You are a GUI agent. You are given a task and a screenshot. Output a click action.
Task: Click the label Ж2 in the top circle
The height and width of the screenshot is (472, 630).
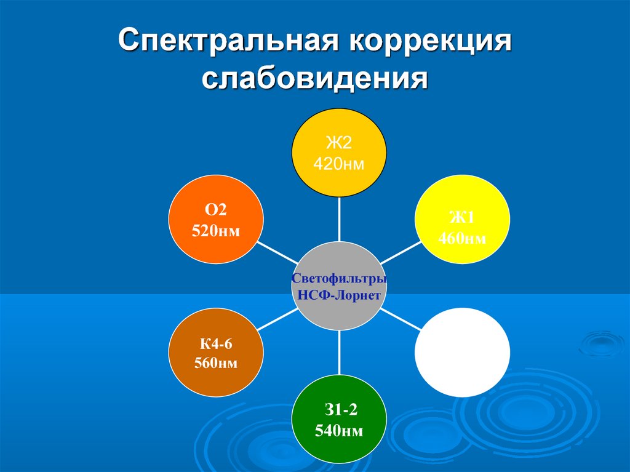click(x=339, y=143)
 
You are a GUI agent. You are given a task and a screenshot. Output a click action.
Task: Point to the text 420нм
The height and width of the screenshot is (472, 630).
click(x=339, y=164)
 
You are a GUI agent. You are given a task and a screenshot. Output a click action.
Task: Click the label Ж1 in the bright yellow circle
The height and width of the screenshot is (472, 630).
click(x=462, y=217)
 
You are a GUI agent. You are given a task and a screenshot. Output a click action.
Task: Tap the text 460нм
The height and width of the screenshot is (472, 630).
click(x=462, y=238)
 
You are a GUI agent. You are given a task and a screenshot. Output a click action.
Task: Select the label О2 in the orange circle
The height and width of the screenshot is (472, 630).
click(x=216, y=209)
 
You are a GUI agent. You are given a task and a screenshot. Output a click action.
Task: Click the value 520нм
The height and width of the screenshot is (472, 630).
click(x=216, y=231)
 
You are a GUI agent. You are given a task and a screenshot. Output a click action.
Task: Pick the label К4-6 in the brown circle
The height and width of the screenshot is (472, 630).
click(x=216, y=344)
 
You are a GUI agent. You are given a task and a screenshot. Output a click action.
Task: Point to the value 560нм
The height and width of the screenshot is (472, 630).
click(x=216, y=363)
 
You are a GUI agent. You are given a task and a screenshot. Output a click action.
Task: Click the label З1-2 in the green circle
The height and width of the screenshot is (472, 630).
click(x=341, y=410)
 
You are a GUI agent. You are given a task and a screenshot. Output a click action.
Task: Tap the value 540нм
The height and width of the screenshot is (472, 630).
click(x=339, y=431)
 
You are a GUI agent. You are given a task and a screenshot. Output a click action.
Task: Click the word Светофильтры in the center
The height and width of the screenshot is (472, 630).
click(x=339, y=278)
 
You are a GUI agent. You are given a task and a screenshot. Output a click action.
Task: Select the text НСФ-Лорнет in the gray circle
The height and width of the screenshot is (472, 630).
click(x=339, y=295)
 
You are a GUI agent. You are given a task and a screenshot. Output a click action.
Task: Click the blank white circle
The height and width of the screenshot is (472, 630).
click(x=462, y=352)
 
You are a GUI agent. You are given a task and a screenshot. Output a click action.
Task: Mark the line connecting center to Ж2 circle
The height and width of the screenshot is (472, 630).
click(x=340, y=219)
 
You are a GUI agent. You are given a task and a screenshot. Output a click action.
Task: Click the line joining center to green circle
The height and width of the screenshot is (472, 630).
click(x=340, y=353)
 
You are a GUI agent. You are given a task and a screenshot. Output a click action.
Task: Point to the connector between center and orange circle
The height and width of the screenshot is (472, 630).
click(x=277, y=253)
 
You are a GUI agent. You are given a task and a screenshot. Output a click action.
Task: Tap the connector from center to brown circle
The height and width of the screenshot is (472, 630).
click(x=277, y=319)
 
